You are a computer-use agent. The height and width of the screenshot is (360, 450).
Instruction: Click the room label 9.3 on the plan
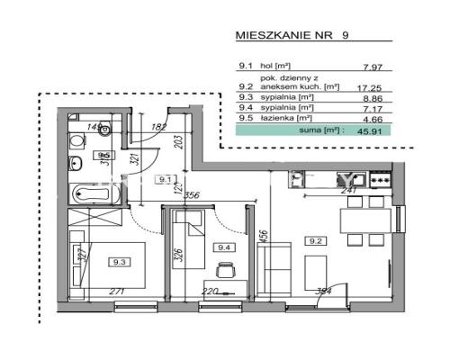pyautogui.click(x=119, y=262)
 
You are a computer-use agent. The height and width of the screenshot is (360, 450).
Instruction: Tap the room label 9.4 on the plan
pyautogui.click(x=221, y=244)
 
